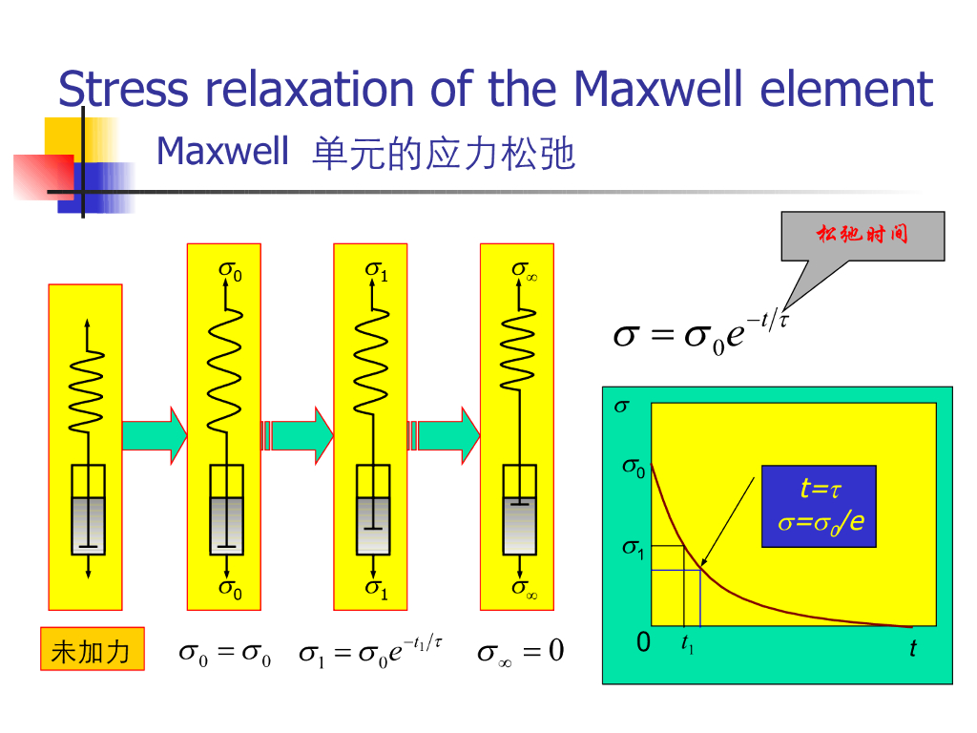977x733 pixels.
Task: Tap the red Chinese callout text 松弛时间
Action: coord(862,234)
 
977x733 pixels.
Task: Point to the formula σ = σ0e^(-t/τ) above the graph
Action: coord(700,335)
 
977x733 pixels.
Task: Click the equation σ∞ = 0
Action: coord(521,653)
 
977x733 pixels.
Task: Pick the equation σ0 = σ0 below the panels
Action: coord(225,655)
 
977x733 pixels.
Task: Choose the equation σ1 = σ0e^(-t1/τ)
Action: coord(370,652)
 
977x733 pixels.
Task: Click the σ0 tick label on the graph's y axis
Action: coord(634,468)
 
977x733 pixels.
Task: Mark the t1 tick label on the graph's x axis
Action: coord(687,646)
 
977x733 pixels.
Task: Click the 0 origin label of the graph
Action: coord(643,644)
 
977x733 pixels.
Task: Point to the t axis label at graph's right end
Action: coord(913,649)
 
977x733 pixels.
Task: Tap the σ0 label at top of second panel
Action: coord(230,272)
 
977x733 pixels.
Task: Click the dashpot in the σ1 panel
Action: coord(373,510)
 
